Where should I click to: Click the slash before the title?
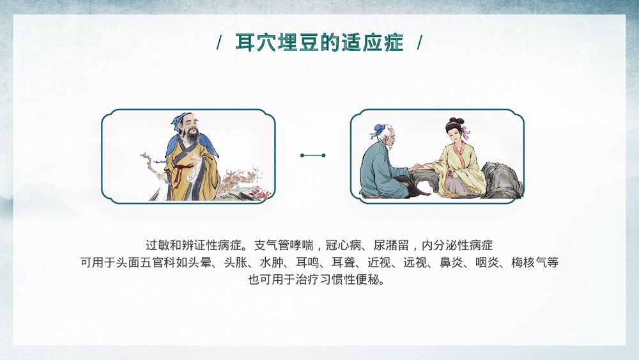pyautogui.click(x=219, y=43)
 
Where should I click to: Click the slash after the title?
pyautogui.click(x=419, y=43)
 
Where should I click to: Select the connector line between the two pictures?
pyautogui.click(x=313, y=155)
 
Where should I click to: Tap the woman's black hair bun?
pyautogui.click(x=454, y=121)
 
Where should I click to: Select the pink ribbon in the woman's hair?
pyautogui.click(x=465, y=132)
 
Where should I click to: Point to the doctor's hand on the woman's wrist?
pyautogui.click(x=416, y=168)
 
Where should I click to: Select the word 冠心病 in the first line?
pyautogui.click(x=344, y=246)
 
